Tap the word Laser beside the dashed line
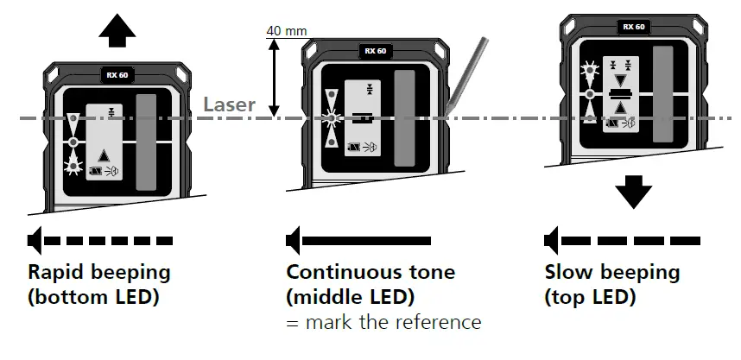tap(229, 105)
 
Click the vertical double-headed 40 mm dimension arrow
tap(274, 78)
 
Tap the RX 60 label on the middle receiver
tap(375, 51)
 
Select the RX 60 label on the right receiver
tap(633, 27)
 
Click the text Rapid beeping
tap(99, 272)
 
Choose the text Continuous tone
tap(370, 272)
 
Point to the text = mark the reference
tap(383, 323)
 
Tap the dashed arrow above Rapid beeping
tap(100, 238)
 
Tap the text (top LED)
tap(590, 297)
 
